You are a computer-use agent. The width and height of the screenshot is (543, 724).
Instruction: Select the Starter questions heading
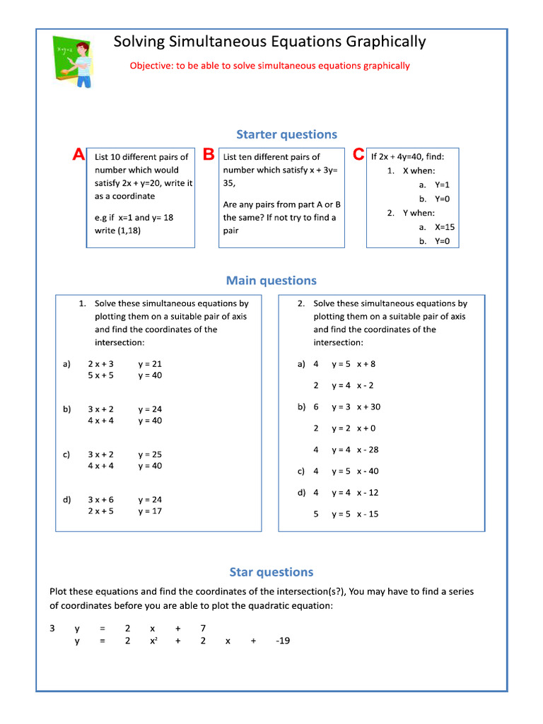pos(286,134)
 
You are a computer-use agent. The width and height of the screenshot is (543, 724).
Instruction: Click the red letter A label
pos(79,155)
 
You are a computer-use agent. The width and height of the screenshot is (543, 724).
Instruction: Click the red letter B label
pos(208,155)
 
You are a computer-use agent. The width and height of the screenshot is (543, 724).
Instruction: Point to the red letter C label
pos(358,155)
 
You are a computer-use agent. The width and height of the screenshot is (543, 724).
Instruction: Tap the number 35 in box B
pos(230,182)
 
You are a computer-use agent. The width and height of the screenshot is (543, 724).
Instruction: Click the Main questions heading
pos(271,281)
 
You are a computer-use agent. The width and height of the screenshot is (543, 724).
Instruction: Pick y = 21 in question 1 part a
pos(150,364)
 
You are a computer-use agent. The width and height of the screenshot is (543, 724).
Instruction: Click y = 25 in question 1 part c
pos(150,455)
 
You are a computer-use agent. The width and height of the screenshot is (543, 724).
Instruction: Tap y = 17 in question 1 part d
pos(150,510)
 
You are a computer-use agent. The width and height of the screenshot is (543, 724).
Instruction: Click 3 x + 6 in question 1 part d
pos(100,499)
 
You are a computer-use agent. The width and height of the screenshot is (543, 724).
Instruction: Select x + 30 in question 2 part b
pos(368,407)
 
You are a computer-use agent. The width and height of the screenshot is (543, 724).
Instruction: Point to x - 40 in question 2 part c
pos(368,471)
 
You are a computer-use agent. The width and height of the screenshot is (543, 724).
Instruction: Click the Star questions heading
pos(271,572)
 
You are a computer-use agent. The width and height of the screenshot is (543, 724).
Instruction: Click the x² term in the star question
pos(153,641)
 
